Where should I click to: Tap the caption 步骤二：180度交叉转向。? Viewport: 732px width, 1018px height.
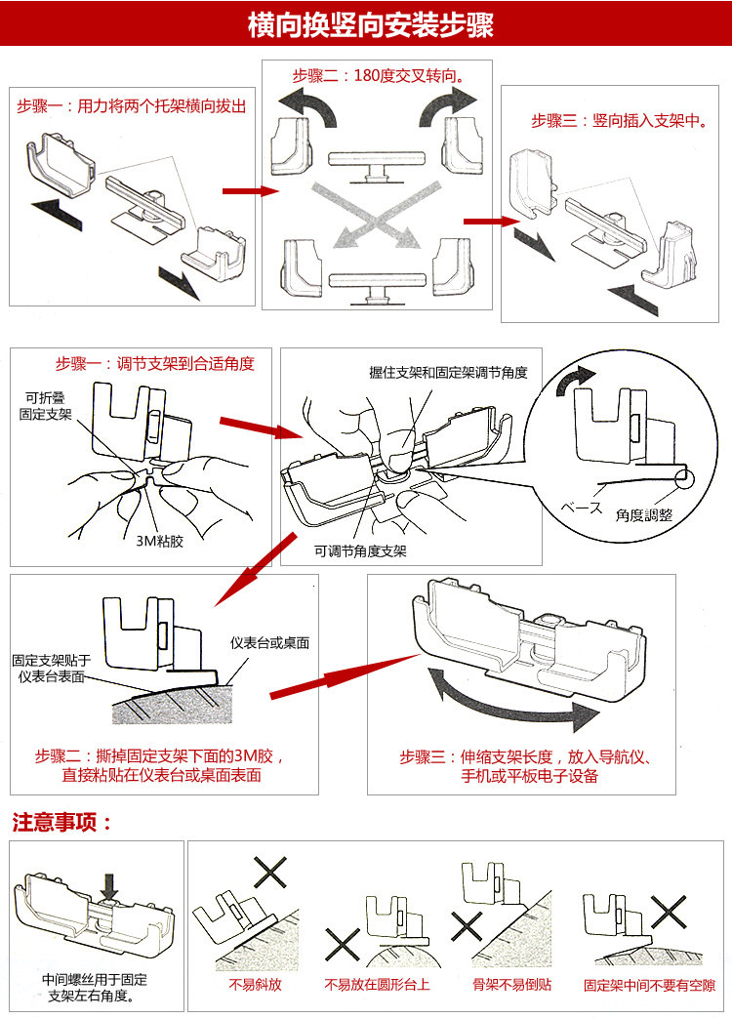pos(378,75)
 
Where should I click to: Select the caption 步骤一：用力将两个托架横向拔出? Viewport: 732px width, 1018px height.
pos(131,105)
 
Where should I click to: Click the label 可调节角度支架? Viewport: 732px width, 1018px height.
pos(360,550)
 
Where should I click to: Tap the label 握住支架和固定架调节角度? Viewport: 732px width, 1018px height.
pos(448,372)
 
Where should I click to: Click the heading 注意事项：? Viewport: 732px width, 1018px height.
pos(62,822)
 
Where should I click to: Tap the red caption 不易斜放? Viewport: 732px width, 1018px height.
pos(255,985)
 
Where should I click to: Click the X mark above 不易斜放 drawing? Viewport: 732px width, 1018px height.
pos(268,872)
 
